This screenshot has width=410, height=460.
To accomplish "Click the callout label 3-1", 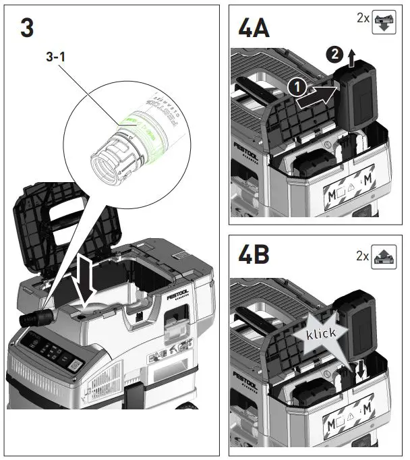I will click(55, 59).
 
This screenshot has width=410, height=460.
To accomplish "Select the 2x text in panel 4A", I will click(363, 19).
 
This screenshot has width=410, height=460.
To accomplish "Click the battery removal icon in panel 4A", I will click(384, 20).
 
